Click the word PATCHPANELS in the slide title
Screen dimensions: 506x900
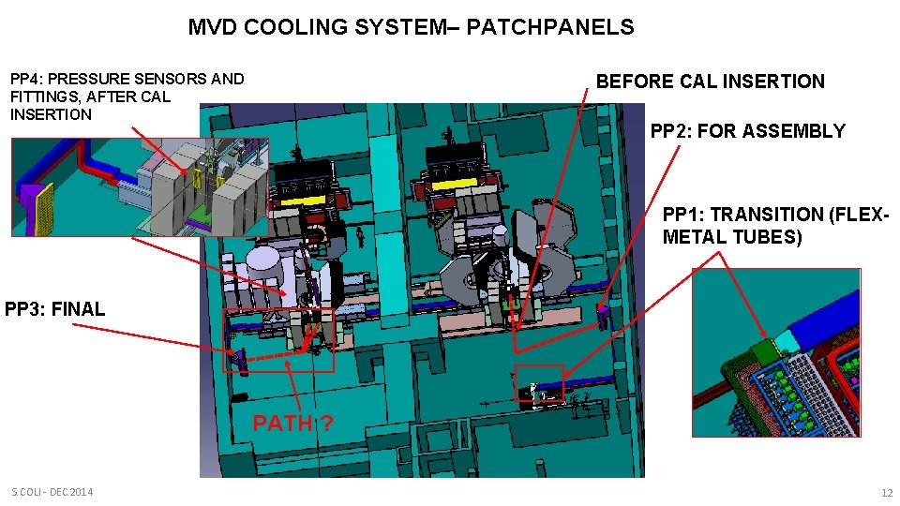[549, 27]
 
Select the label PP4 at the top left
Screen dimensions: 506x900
[25, 79]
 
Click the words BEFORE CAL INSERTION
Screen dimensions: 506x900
[710, 82]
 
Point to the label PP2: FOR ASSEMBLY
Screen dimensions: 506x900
[747, 131]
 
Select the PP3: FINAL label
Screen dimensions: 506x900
[55, 308]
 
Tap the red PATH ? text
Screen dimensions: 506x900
[293, 424]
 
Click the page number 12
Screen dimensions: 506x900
[887, 493]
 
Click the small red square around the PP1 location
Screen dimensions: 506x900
[539, 382]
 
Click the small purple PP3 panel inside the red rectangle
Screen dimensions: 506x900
[238, 359]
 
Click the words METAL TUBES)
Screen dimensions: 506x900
[731, 237]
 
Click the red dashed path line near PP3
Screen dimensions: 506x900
[271, 357]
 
